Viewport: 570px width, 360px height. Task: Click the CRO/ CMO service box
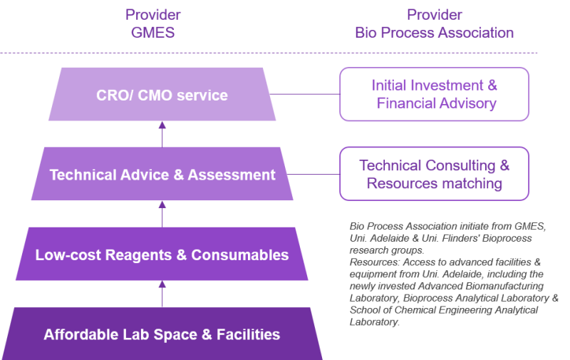tap(162, 94)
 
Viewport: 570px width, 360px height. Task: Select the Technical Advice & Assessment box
tap(162, 175)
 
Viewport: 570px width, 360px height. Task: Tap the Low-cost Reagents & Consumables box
tap(162, 254)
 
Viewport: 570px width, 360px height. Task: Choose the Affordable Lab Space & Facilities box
tap(162, 334)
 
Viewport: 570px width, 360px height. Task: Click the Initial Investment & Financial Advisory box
tap(434, 94)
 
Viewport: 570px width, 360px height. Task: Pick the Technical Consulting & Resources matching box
tap(434, 175)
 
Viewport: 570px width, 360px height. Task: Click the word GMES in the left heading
tap(152, 33)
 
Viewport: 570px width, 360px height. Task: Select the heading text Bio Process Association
tap(434, 33)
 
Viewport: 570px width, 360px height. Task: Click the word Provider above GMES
tap(152, 14)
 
